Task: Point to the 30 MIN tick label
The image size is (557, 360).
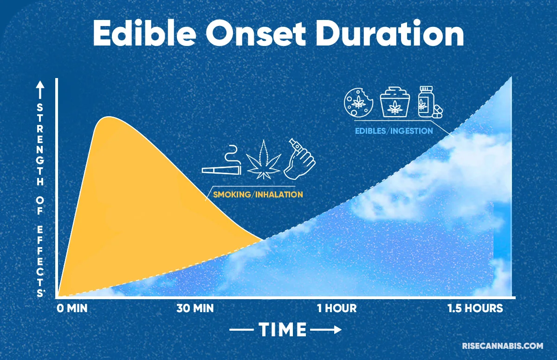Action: coord(195,308)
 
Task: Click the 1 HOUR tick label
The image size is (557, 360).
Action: coord(337,308)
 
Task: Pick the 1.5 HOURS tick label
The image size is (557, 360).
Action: coord(475,308)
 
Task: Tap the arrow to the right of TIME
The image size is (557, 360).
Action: coord(326,330)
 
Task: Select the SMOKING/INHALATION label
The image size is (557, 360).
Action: coord(258,195)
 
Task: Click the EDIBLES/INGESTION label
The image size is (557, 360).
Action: coord(394,131)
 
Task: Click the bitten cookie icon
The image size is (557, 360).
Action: coord(357,102)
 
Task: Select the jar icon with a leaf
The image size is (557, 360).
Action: coord(393,102)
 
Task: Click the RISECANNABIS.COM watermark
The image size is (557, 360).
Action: coord(502,346)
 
